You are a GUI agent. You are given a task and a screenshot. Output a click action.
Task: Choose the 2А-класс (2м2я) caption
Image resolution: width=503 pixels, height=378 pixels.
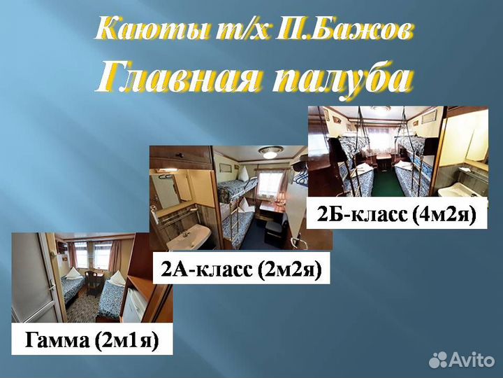[x=241, y=269]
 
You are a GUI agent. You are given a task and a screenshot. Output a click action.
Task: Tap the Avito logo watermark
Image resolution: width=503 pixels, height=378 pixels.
[x=461, y=360]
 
